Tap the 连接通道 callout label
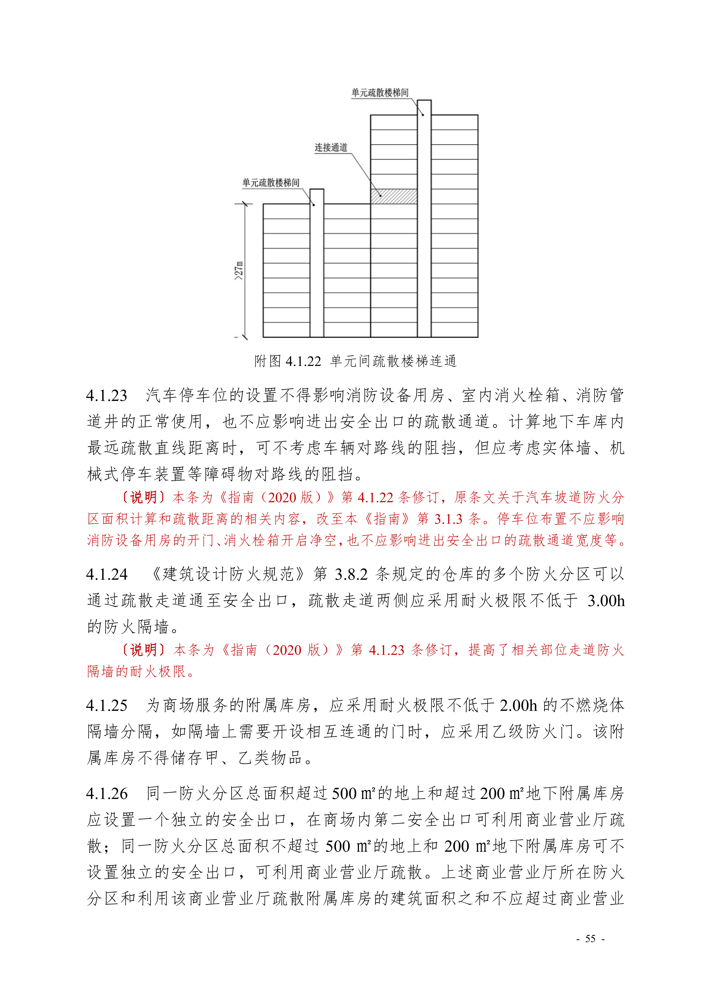331,148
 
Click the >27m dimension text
239,271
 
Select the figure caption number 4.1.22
303,362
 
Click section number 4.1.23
107,396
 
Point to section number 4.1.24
107,574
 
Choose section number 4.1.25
107,706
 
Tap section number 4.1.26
107,794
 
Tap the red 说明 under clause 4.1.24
143,650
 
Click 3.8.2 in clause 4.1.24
351,574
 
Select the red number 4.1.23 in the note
386,650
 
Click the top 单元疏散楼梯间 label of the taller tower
380,93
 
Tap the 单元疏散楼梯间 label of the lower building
271,183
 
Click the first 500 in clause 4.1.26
345,794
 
